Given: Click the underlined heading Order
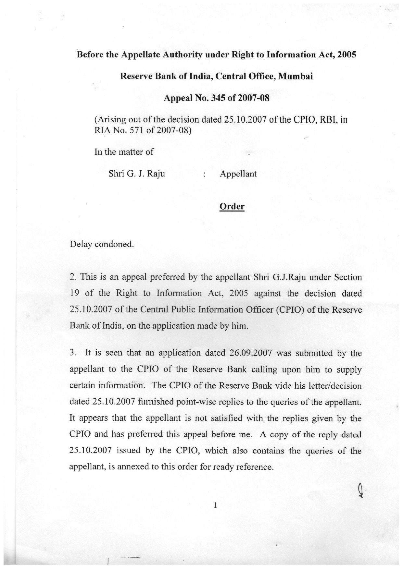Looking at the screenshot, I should [x=232, y=207].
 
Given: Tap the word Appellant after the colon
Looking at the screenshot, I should [x=238, y=174].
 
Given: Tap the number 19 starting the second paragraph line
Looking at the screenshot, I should [x=75, y=294].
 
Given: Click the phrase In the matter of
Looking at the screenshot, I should [x=124, y=152].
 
